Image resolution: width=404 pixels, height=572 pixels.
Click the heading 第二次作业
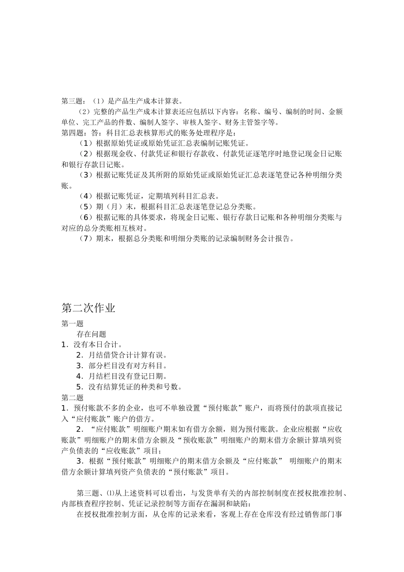88,308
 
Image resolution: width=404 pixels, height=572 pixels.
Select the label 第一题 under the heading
72,323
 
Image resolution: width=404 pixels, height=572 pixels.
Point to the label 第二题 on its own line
72,398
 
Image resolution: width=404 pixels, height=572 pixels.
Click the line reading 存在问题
91,334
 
